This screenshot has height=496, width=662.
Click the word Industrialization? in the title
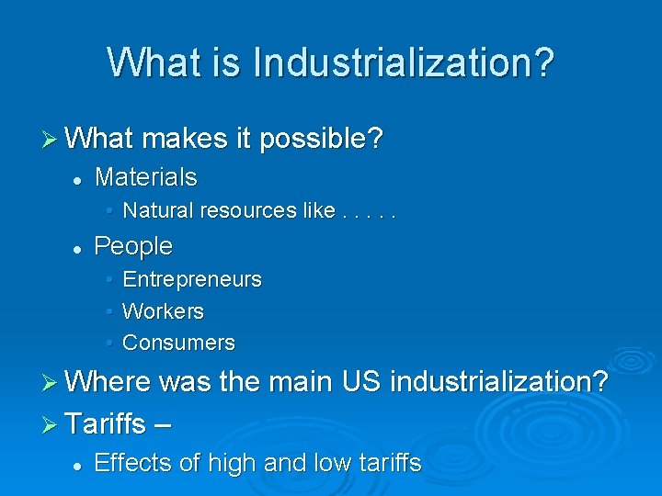pos(403,62)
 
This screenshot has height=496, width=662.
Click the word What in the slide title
pos(150,62)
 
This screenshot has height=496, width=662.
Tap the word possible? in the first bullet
pos(321,140)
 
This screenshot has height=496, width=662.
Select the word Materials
pos(145,175)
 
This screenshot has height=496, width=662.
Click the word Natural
pos(159,210)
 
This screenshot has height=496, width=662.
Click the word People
pos(133,246)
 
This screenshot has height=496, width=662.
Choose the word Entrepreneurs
pos(191,279)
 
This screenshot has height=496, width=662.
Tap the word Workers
pos(163,311)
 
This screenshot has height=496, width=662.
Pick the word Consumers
pos(178,344)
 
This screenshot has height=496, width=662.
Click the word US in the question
pos(363,381)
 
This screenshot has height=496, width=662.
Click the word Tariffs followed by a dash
pos(106,423)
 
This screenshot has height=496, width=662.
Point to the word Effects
pos(134,463)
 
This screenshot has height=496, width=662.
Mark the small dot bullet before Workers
pos(108,312)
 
